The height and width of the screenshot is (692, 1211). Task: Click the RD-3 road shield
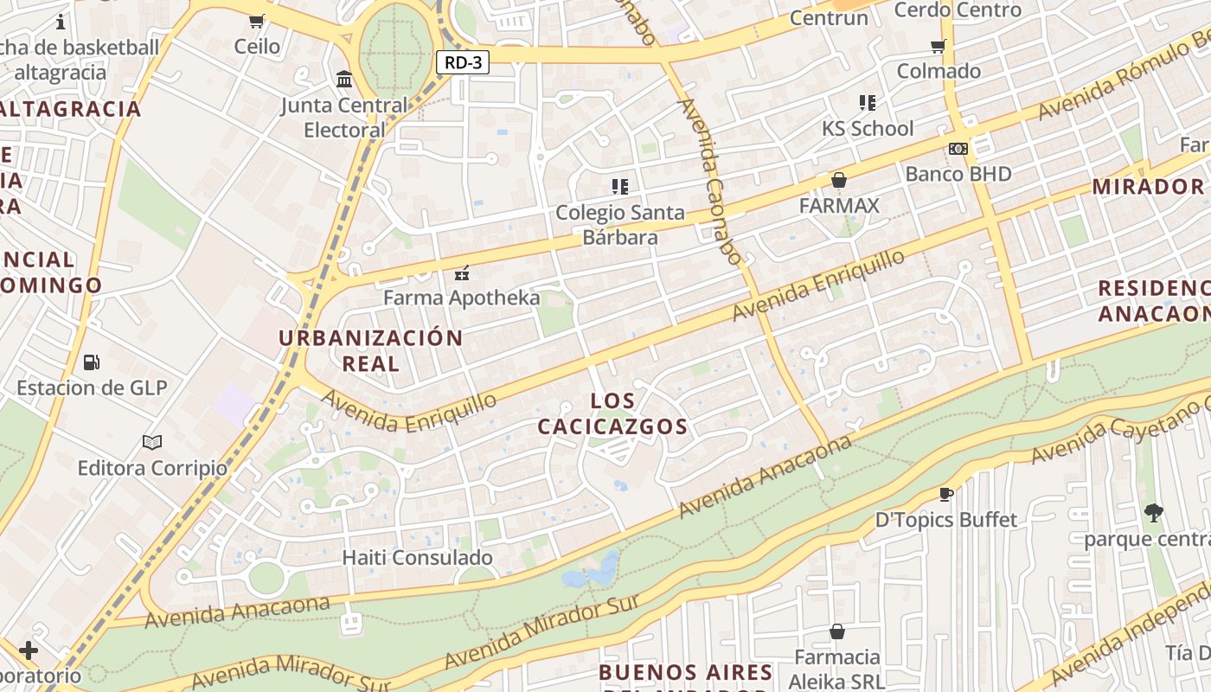click(463, 62)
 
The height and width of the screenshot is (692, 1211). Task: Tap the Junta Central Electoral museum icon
click(344, 80)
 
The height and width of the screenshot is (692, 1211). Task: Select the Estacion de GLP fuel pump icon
click(91, 362)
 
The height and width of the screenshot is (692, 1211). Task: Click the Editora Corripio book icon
click(152, 442)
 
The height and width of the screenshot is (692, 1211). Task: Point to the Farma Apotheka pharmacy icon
click(461, 273)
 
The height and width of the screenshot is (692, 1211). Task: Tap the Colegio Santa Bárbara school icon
click(619, 186)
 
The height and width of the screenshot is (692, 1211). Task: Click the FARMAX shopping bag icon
click(838, 180)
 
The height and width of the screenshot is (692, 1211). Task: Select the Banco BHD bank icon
click(958, 149)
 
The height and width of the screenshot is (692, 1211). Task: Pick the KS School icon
click(868, 103)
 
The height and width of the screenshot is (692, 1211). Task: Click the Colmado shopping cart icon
click(939, 46)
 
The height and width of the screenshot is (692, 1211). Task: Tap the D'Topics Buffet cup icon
click(946, 494)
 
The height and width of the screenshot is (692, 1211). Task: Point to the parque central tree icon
click(1153, 513)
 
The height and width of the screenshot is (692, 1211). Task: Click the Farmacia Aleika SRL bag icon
click(836, 631)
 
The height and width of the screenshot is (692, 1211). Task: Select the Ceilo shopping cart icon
click(257, 21)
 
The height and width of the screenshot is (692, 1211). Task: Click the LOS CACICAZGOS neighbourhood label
click(612, 413)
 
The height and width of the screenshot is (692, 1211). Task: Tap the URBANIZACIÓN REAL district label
click(370, 349)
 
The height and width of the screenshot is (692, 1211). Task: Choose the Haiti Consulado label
click(418, 558)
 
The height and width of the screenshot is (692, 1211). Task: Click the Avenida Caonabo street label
click(711, 182)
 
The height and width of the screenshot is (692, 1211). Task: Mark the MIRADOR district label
click(1148, 186)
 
